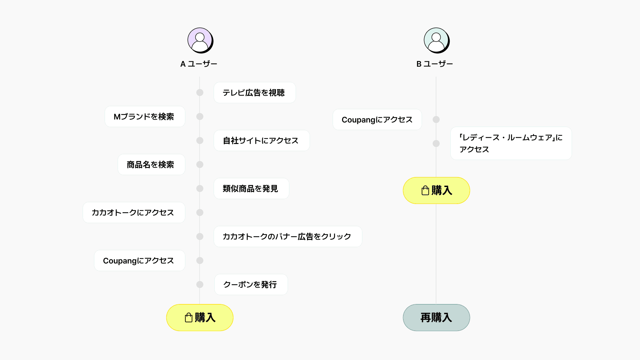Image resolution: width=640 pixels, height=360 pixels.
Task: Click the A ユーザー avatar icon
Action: tap(200, 40)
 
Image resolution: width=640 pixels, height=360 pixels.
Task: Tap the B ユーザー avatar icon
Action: tap(436, 40)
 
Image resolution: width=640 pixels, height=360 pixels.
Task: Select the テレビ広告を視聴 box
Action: tap(255, 93)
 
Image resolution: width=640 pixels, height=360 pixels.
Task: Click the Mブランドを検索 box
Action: tap(145, 117)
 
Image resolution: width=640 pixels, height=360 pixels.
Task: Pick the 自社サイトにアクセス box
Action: tap(262, 141)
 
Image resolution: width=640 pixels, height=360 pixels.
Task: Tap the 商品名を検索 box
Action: tap(151, 165)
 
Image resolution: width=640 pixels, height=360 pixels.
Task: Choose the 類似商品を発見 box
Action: tap(251, 189)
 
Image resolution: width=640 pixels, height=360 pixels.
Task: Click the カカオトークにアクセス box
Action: tap(134, 213)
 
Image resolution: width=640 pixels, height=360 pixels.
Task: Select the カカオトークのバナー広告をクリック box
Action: tap(288, 237)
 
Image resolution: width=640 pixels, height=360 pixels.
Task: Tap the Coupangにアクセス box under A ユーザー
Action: tap(139, 261)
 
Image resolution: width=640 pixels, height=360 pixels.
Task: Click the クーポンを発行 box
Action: tap(251, 285)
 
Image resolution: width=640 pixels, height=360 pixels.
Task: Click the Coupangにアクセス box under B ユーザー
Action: tap(377, 120)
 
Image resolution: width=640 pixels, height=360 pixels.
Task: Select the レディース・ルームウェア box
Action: tap(511, 143)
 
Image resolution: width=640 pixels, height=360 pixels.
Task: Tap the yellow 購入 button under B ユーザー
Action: tap(436, 190)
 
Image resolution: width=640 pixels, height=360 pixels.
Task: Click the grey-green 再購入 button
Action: tap(436, 318)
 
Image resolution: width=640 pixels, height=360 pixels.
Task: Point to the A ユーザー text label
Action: tap(199, 64)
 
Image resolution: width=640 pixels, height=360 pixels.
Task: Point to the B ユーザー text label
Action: tap(435, 64)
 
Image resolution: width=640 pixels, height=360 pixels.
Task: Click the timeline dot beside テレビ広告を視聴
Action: tap(200, 93)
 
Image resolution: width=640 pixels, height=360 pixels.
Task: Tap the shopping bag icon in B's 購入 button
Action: tap(425, 190)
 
